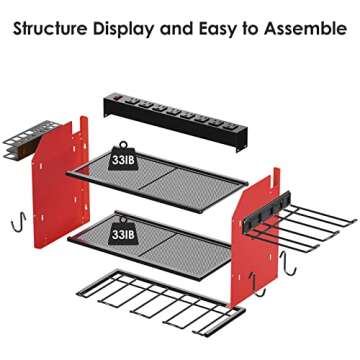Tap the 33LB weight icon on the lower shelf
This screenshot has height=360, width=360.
click(124, 229)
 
